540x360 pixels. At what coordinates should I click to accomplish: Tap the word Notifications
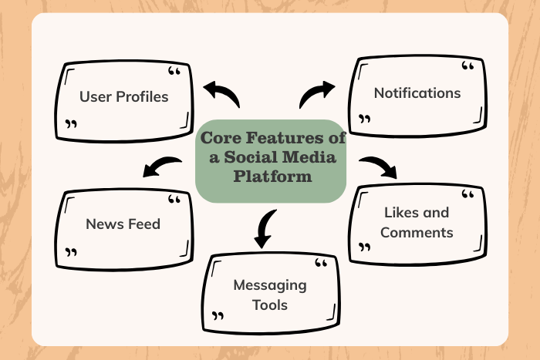[417, 93]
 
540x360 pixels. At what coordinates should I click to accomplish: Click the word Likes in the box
[400, 212]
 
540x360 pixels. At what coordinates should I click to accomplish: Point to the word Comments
[417, 232]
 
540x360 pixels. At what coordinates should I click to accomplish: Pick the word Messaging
[270, 285]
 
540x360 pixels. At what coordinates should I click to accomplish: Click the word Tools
[270, 304]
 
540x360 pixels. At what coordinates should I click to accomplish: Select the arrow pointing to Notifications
[317, 94]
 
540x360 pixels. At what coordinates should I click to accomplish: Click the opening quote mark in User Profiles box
[174, 72]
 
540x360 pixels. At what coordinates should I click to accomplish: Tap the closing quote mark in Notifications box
[365, 119]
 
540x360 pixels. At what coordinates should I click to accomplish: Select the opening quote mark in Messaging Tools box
[321, 264]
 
